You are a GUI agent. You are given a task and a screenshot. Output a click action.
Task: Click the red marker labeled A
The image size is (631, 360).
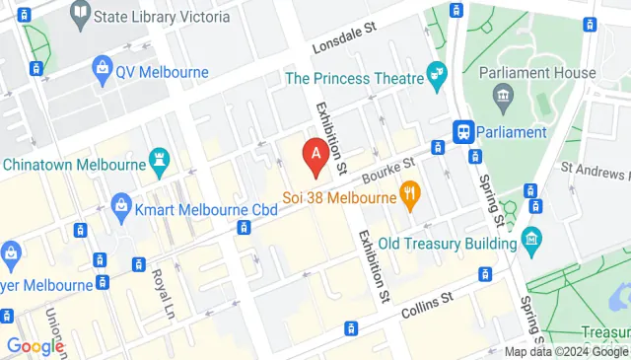tap(315, 155)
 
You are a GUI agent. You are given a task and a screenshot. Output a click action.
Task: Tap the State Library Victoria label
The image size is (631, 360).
tap(164, 17)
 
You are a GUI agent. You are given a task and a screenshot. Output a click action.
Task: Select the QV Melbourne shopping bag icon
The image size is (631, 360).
tap(101, 70)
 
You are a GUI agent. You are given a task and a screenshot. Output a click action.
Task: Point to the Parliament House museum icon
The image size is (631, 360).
tap(504, 96)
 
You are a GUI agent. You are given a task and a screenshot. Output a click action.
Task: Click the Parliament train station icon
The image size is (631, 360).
tap(461, 132)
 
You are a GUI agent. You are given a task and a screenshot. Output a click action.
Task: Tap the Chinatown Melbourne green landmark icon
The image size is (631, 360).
tap(158, 161)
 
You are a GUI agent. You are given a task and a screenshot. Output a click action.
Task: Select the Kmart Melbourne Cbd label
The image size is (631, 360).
tap(194, 208)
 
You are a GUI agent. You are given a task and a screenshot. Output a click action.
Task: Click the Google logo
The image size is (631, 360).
tap(35, 346)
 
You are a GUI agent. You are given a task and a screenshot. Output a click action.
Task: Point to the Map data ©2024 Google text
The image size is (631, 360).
tap(566, 352)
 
